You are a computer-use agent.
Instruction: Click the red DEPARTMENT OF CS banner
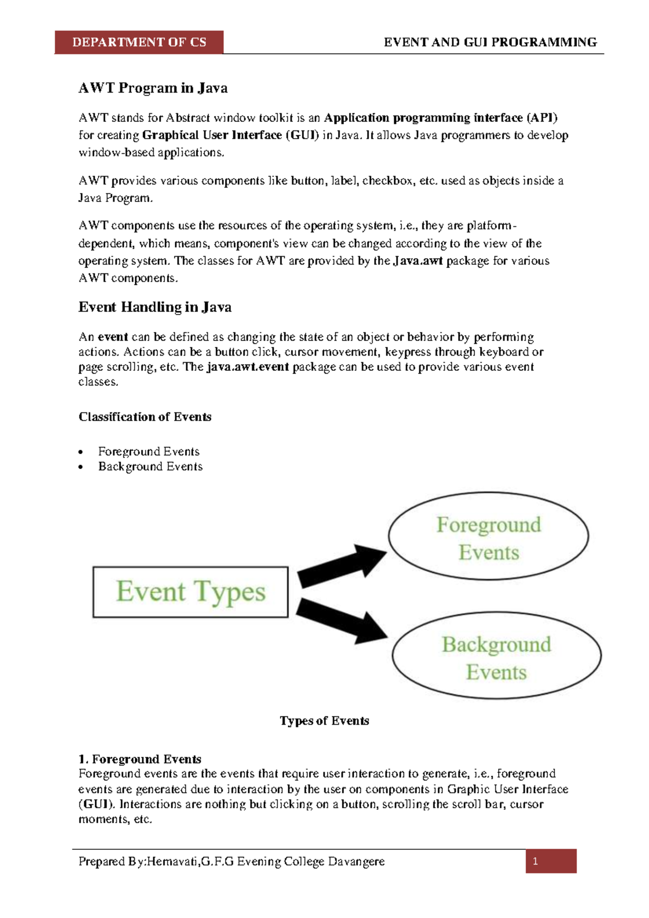point(139,42)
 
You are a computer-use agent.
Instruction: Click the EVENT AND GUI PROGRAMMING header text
point(490,42)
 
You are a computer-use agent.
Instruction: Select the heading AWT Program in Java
point(153,88)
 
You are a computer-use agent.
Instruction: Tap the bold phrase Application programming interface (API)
point(440,118)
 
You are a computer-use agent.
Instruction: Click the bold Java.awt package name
point(418,261)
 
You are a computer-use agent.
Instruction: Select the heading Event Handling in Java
point(155,307)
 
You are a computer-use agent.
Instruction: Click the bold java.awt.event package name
point(248,367)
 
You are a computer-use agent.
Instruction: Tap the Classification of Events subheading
point(145,417)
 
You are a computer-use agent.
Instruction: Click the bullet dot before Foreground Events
point(81,452)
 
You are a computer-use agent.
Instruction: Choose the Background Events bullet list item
point(150,467)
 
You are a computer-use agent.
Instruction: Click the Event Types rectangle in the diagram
point(190,592)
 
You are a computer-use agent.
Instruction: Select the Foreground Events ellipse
point(488,536)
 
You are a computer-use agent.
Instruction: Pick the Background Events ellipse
point(496,656)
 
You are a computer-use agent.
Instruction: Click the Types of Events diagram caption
point(325,721)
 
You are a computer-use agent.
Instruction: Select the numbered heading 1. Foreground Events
point(140,759)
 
